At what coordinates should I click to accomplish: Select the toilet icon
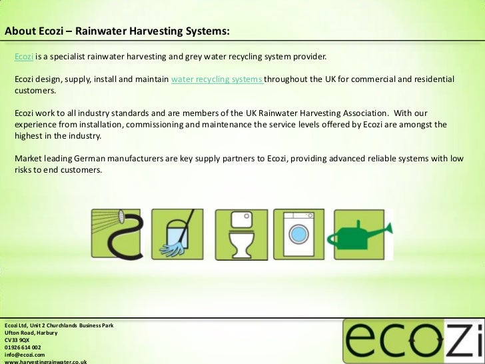click(x=240, y=233)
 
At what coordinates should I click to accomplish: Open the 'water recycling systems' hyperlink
click(x=217, y=79)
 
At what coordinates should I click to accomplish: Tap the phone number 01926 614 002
click(x=23, y=347)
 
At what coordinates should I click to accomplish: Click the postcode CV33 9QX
click(x=16, y=339)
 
